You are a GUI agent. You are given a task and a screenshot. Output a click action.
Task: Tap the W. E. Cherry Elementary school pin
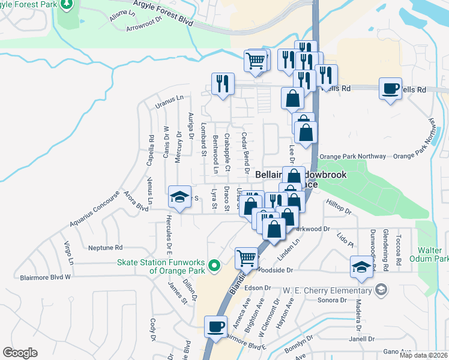[380, 291]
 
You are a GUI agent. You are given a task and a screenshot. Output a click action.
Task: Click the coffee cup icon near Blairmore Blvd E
[216, 327]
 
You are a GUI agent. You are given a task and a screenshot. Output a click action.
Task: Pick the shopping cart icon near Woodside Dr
[246, 259]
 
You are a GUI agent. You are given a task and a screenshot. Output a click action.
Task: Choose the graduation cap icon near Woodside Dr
[362, 267]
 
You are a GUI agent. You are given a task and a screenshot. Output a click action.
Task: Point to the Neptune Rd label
[105, 247]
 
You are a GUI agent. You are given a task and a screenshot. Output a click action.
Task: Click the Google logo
[20, 353]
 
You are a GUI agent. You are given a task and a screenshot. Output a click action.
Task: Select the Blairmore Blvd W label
[46, 277]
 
